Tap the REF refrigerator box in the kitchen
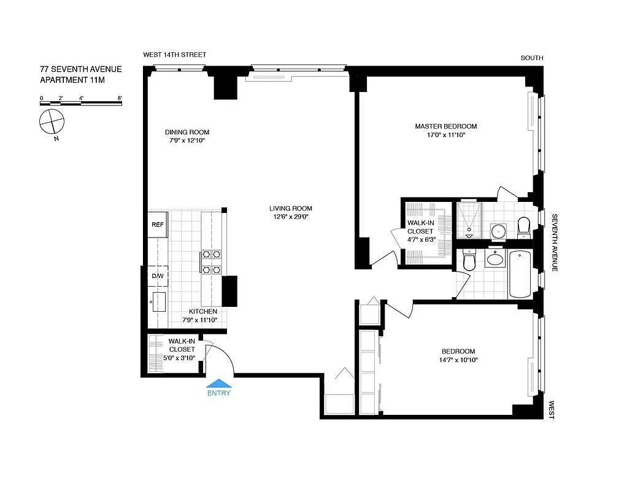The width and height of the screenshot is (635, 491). (158, 225)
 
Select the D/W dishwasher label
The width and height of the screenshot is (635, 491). (158, 276)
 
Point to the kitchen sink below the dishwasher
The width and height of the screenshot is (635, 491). (158, 301)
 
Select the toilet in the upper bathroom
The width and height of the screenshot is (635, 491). (523, 227)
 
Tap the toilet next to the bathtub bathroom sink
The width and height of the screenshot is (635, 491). (469, 261)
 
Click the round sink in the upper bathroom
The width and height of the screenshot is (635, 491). (498, 231)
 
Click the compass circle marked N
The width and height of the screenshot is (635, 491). (51, 122)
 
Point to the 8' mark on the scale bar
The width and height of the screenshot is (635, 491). (120, 98)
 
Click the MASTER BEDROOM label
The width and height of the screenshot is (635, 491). (445, 126)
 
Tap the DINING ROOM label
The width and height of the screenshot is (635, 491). (187, 132)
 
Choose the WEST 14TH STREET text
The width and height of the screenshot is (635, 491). (175, 55)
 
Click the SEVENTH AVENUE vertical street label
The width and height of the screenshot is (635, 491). (553, 242)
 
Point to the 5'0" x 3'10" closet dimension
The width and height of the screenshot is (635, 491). (182, 357)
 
